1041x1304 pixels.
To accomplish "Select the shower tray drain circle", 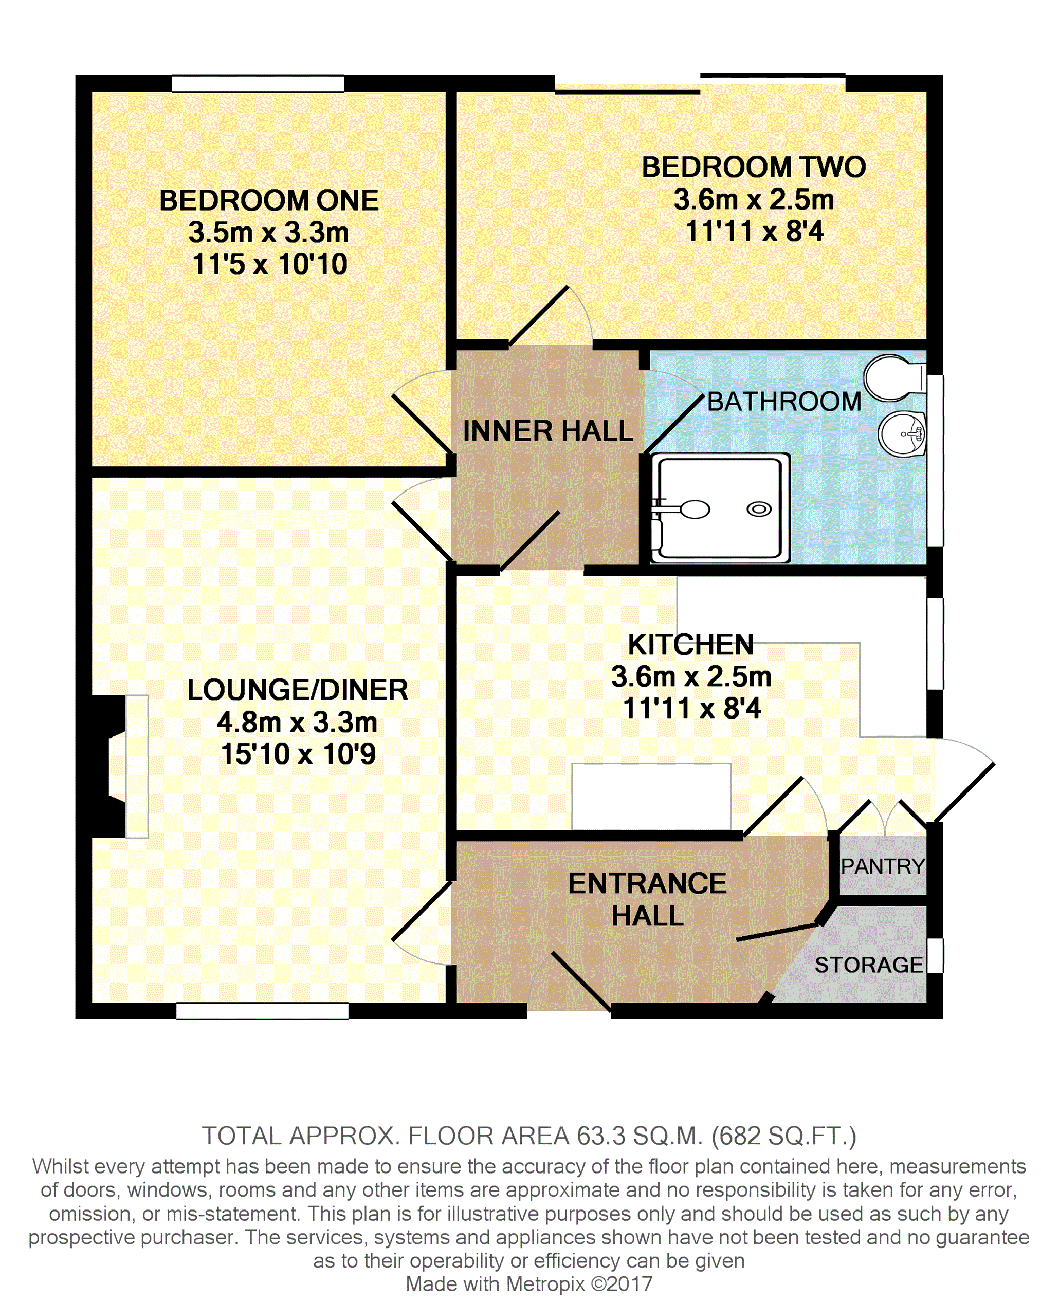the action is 759,509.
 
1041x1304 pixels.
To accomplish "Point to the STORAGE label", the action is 868,965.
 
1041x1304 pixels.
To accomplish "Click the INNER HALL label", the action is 547,431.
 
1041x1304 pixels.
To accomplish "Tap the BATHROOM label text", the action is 784,402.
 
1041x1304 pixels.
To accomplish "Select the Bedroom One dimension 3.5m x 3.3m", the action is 269,232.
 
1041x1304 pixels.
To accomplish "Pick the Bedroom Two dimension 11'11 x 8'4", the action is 754,231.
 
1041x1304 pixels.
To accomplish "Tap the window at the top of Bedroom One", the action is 258,84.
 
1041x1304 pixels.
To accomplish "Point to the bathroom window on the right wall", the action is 935,461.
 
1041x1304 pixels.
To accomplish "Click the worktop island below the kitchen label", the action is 651,797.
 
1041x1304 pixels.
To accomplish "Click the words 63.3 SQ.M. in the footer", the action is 640,1136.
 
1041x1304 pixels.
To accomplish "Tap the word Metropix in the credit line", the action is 545,1283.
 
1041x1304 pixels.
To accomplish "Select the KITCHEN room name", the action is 690,645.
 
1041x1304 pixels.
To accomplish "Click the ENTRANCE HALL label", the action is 647,899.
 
